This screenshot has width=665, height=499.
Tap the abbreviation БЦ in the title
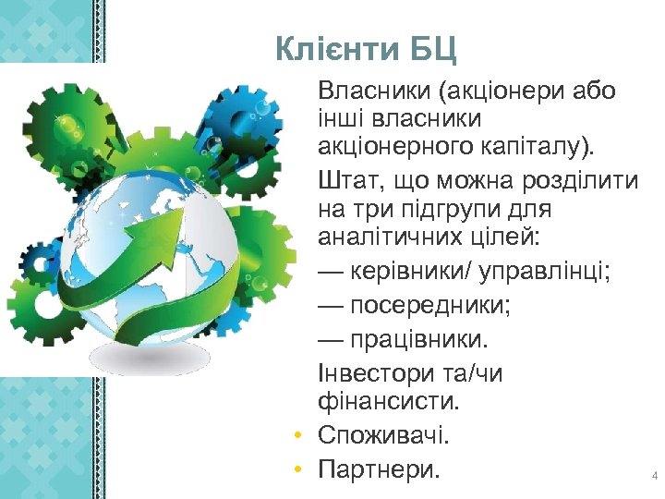pyautogui.click(x=432, y=47)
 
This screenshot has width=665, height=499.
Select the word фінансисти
pyautogui.click(x=387, y=403)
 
